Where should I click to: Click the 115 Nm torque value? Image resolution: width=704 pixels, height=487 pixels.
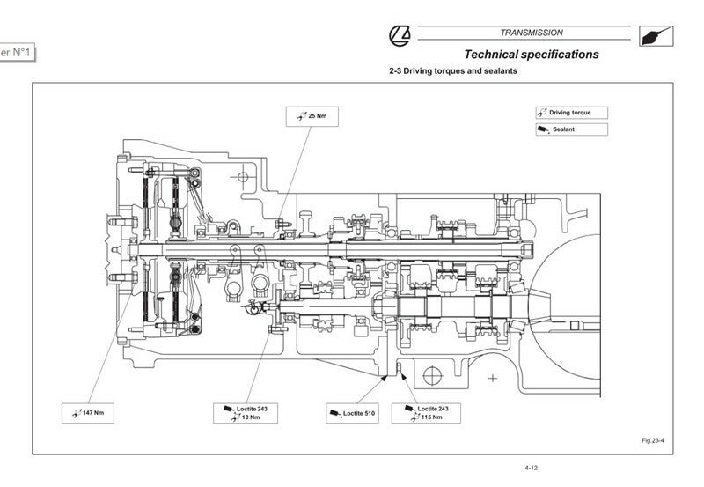(430, 417)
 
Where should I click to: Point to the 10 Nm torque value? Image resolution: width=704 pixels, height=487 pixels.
(251, 417)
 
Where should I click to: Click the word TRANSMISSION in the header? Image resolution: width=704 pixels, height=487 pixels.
(531, 33)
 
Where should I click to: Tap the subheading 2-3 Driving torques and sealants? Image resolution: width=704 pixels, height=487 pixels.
(453, 71)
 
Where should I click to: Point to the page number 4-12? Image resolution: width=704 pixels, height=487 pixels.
(531, 469)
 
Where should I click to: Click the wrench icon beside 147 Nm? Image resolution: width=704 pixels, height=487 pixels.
(75, 412)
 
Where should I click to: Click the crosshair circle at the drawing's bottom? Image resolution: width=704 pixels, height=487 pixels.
(431, 375)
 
